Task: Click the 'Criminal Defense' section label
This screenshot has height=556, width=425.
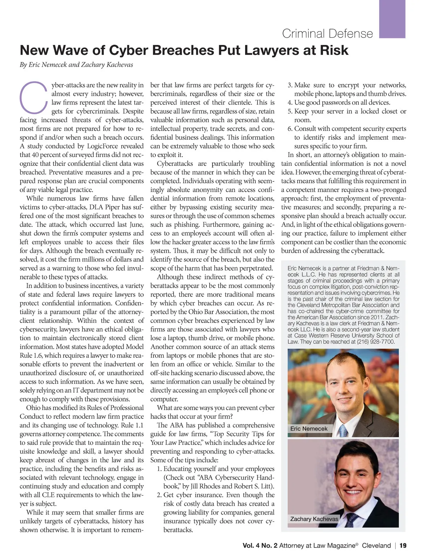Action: coord(327,34)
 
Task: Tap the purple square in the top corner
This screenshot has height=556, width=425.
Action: coord(392,18)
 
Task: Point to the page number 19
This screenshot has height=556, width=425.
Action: coord(403,545)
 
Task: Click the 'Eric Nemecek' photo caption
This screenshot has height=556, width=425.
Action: coord(309,428)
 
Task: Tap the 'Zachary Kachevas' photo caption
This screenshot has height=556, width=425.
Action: coord(314,519)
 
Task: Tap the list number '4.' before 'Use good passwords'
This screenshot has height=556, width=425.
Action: coord(290,103)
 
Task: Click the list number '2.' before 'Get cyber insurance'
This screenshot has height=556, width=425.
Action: coord(159,495)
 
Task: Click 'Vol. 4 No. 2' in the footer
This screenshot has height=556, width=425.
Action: coord(260,546)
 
